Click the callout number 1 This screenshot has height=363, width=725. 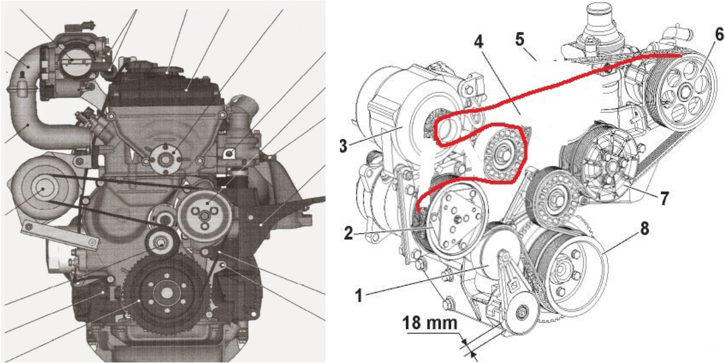coord(359,295)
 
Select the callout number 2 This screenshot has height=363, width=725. coord(348,233)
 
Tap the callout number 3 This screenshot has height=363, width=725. coord(343,146)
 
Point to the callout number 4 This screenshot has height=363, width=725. coord(478,41)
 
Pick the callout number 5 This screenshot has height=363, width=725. coord(520,39)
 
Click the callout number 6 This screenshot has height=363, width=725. coord(719,35)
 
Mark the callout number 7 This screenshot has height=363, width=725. coord(665,198)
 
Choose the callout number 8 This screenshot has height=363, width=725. coord(645,229)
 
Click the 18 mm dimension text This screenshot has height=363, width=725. coord(430,323)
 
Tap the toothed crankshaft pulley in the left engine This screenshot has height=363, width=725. coord(167,293)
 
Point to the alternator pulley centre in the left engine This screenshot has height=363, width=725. coord(42,189)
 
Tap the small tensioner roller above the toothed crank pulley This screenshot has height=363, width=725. coord(161,244)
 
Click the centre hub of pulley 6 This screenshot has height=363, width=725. coord(683,93)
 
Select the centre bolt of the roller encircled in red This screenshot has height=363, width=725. coord(503,152)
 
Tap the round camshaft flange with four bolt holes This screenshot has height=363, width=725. coord(166,159)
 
